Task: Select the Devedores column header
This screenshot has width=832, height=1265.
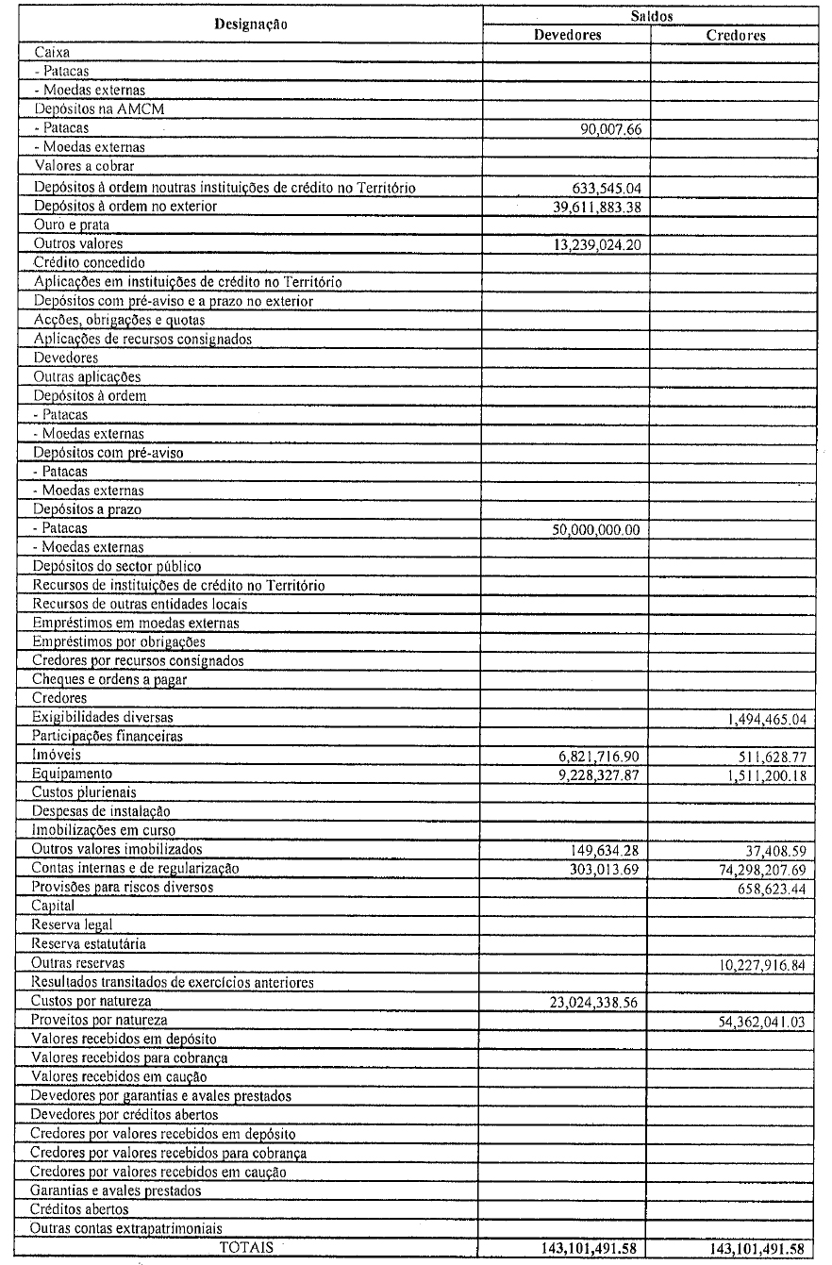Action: point(567,35)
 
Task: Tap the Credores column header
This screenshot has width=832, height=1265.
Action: point(736,35)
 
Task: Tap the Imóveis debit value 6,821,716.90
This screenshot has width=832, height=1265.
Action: point(592,757)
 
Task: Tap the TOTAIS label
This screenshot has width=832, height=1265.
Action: point(246,1247)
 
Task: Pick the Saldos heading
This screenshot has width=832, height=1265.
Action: point(653,16)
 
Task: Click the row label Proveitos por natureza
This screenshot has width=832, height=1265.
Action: point(100,1021)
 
